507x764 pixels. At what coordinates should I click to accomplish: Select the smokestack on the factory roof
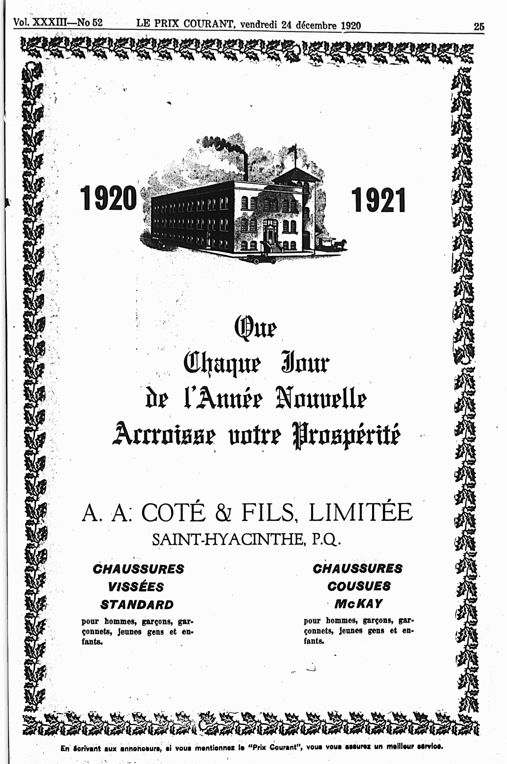coord(245,166)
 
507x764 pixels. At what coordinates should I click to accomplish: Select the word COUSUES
coord(359,586)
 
